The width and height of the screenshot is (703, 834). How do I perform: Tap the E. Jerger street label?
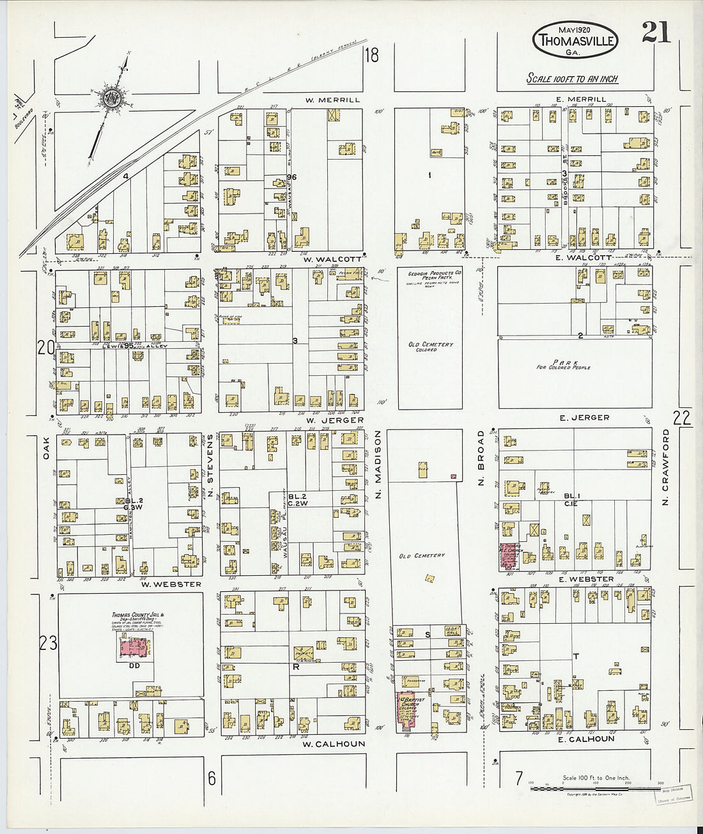coord(584,417)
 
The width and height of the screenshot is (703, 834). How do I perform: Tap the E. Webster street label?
coord(586,579)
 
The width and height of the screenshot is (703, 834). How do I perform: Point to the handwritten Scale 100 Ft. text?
coord(572,79)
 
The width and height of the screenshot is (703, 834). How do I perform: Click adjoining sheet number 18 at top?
coord(371,55)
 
